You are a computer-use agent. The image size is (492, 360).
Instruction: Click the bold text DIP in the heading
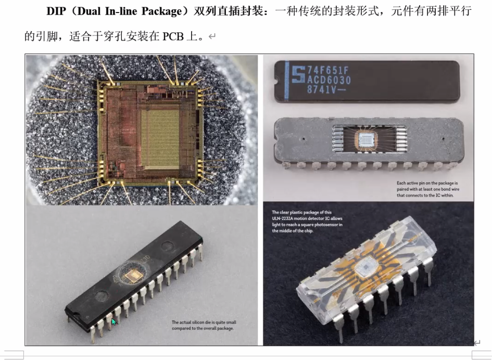[56, 11]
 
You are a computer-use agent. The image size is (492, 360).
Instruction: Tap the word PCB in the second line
[173, 37]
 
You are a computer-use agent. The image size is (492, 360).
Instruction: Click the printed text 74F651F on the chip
[328, 70]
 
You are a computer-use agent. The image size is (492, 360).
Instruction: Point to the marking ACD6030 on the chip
[329, 80]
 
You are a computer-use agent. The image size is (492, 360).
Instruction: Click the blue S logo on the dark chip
[298, 74]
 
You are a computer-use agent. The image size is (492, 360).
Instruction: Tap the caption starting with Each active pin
[427, 189]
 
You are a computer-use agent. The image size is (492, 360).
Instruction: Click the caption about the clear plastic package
[307, 222]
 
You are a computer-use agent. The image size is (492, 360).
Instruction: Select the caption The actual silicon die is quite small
[204, 325]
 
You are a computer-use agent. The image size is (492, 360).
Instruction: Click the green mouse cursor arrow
[114, 322]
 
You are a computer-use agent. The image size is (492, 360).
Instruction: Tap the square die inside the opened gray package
[366, 139]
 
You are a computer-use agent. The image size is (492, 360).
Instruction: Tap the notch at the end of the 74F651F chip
[276, 81]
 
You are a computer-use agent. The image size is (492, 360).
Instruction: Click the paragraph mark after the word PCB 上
[212, 37]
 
